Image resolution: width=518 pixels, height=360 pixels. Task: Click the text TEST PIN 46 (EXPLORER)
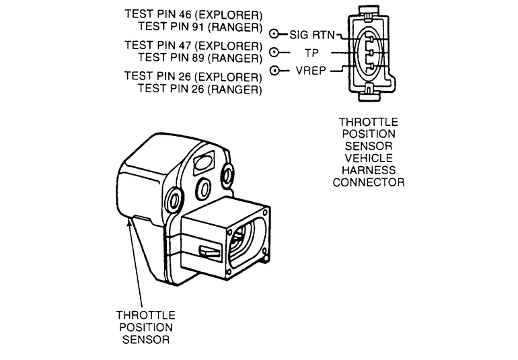[x=193, y=14]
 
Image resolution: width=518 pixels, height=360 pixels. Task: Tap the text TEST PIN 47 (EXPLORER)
[x=193, y=46]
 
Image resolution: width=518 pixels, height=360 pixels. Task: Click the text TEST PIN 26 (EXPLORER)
[x=193, y=76]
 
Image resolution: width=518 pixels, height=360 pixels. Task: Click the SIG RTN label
[x=312, y=34]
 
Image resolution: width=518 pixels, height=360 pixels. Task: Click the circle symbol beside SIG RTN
[x=274, y=34]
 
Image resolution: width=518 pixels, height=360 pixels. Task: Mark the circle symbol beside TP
[x=274, y=52]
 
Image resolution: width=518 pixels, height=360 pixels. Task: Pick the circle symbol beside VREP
[x=274, y=71]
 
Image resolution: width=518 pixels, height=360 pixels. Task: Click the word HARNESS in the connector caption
[x=369, y=170]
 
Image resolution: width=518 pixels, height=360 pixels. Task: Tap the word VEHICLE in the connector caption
[x=369, y=158]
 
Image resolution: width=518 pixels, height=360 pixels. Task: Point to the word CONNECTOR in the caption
[x=369, y=182]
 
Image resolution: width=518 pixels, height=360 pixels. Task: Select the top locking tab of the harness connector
[x=369, y=10]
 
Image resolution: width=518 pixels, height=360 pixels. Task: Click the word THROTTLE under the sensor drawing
[x=146, y=315]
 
